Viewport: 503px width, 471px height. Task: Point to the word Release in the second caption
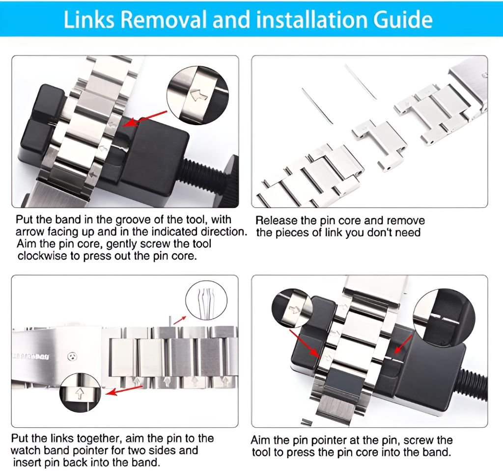pyautogui.click(x=276, y=220)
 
